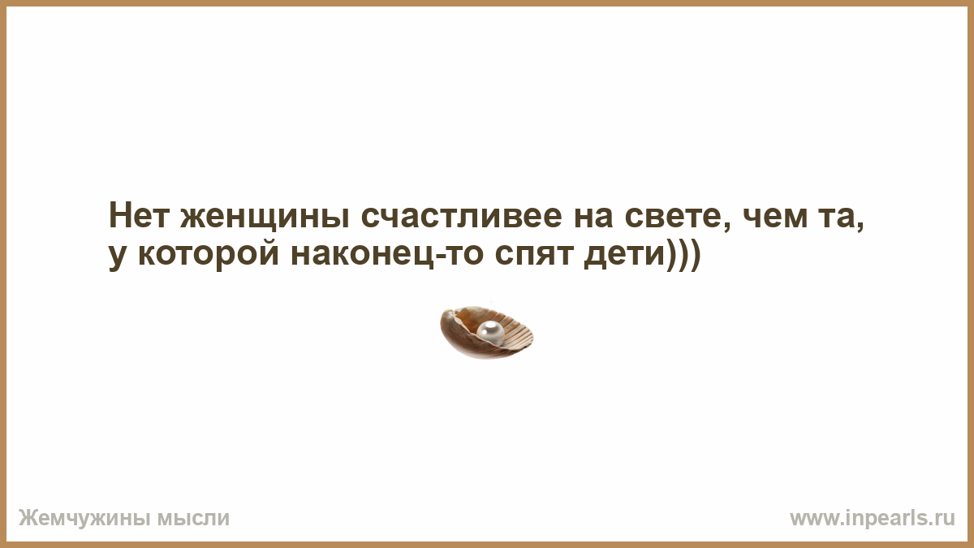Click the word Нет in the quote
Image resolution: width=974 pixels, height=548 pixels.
click(x=138, y=215)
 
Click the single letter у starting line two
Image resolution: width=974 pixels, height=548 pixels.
click(x=119, y=259)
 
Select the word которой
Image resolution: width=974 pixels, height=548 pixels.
click(x=209, y=255)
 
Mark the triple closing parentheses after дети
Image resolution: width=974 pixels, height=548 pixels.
click(x=684, y=255)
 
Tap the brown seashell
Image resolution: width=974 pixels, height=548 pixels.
click(x=486, y=333)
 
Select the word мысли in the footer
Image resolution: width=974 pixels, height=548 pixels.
click(x=193, y=519)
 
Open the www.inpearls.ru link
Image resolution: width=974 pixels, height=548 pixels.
click(x=873, y=519)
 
